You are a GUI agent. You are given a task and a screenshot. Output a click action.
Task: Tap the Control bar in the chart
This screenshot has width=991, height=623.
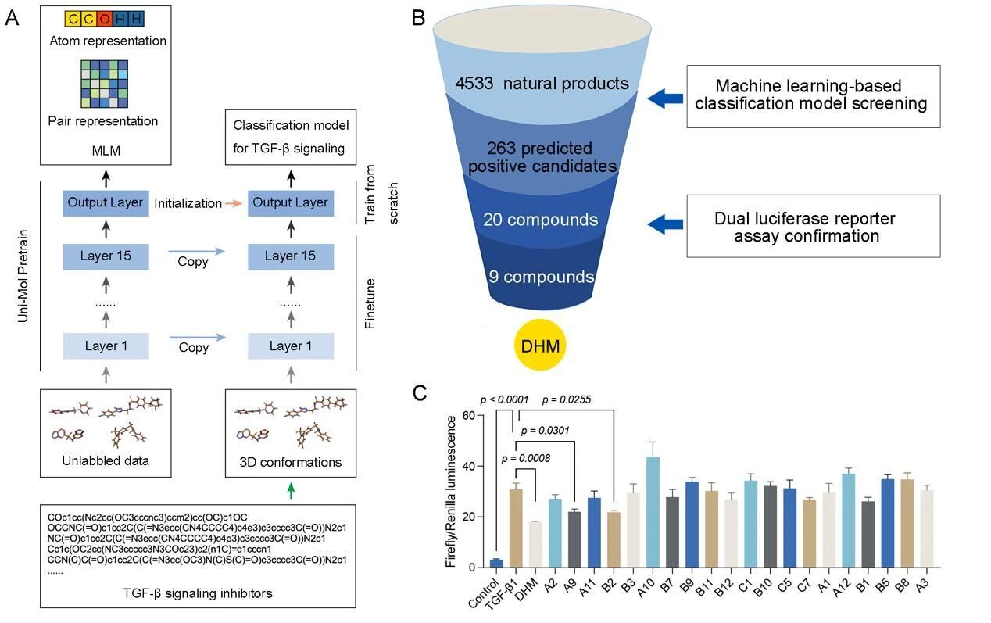(x=495, y=563)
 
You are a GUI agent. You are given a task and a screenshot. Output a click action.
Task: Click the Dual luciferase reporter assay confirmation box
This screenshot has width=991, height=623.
(x=813, y=227)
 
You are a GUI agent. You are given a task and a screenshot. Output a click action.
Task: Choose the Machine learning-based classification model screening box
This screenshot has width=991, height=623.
(x=813, y=95)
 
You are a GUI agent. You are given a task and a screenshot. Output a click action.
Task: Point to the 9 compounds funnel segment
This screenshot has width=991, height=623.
(x=542, y=277)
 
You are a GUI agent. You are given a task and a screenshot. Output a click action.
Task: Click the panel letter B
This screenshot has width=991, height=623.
(x=420, y=17)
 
